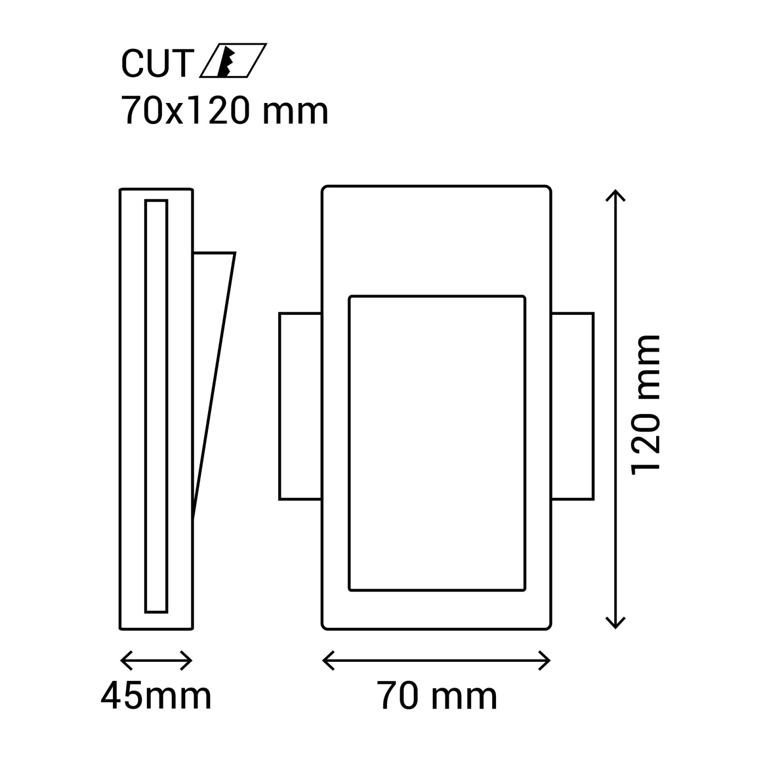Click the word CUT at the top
[x=157, y=63]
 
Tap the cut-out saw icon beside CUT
[x=233, y=61]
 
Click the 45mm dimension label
[x=156, y=696]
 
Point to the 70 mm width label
[x=437, y=696]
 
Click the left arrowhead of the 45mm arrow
[x=123, y=660]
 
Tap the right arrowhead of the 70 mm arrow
[x=548, y=660]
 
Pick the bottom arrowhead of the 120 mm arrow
[x=615, y=626]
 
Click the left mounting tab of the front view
[x=300, y=406]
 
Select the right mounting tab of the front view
[x=573, y=406]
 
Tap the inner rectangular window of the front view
[x=437, y=443]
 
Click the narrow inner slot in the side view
[x=156, y=406]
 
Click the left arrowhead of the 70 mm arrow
[x=325, y=660]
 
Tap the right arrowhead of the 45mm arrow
[x=190, y=660]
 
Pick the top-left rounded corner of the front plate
[x=325, y=189]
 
